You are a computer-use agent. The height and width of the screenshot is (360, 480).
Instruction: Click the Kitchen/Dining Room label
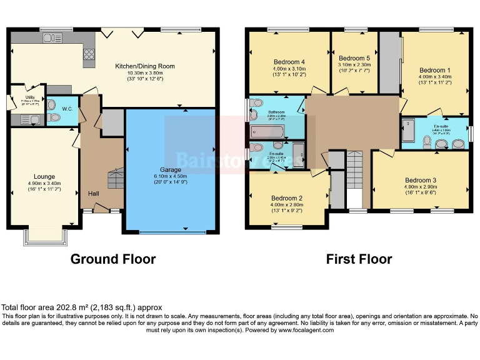click(x=144, y=66)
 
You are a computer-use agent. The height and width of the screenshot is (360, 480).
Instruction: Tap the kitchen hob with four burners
click(x=88, y=54)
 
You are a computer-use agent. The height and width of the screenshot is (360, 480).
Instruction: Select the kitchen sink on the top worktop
click(x=49, y=39)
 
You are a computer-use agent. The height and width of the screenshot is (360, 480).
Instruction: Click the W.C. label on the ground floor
click(x=67, y=108)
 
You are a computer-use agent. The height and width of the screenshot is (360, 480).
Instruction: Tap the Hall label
click(x=94, y=194)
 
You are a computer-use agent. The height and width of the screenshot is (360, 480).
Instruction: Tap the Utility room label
click(x=29, y=97)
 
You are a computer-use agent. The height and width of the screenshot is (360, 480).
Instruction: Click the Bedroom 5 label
click(x=354, y=58)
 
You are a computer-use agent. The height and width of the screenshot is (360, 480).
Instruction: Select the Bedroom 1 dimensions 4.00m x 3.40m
click(x=435, y=77)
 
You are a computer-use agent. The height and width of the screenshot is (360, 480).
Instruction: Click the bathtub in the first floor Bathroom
click(x=267, y=132)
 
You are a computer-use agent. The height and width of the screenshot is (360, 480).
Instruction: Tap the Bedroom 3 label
click(x=420, y=180)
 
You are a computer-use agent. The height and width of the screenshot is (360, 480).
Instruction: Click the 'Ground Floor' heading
click(x=113, y=259)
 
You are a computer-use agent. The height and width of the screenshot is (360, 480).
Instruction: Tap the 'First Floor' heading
click(x=359, y=259)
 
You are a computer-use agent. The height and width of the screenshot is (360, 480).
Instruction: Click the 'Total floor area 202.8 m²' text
click(x=81, y=307)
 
